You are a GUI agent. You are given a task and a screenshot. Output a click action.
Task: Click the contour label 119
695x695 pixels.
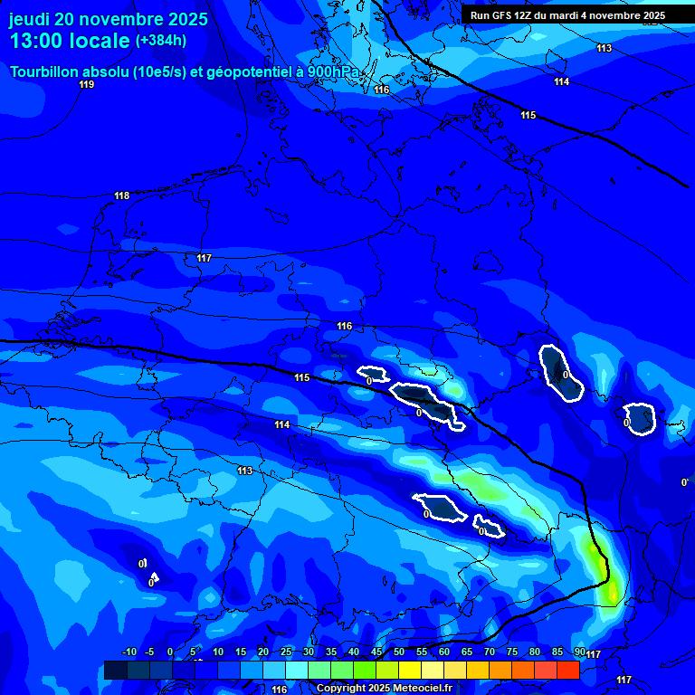[86, 84]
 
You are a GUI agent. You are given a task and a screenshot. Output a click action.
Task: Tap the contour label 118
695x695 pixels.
[122, 195]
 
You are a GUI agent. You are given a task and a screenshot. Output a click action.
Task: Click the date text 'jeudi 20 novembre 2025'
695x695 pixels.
[108, 19]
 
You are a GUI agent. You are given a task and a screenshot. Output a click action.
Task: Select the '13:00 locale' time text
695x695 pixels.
[70, 42]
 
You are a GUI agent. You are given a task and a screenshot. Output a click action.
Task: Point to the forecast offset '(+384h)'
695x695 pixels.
[161, 41]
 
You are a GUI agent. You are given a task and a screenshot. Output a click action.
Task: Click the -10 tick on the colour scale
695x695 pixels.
[129, 652]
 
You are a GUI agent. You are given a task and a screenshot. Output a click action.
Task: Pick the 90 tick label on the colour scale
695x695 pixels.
[579, 652]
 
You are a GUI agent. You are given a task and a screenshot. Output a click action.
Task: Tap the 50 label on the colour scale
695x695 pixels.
[399, 652]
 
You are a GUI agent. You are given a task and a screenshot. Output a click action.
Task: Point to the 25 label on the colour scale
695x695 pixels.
[286, 652]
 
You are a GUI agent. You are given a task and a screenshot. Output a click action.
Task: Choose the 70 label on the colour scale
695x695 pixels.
[490, 652]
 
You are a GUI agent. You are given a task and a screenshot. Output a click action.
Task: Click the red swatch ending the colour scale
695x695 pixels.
[568, 670]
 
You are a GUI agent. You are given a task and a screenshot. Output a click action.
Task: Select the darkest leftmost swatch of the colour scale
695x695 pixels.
[115, 670]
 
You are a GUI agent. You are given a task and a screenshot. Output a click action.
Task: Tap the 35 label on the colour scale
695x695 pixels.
[331, 652]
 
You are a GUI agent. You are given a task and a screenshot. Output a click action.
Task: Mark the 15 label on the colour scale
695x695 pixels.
[241, 652]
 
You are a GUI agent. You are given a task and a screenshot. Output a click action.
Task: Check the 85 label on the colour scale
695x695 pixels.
[557, 652]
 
